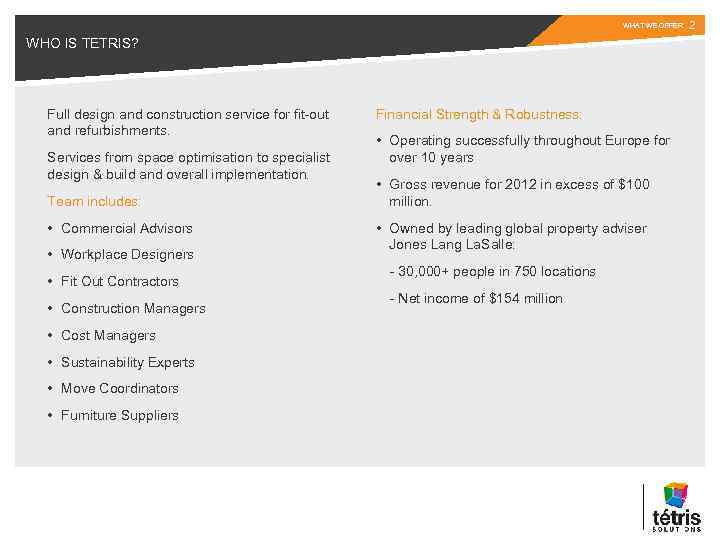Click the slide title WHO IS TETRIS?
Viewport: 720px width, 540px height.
click(x=82, y=43)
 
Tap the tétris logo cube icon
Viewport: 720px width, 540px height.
click(x=677, y=494)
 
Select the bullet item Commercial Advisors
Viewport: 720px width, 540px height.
click(x=126, y=228)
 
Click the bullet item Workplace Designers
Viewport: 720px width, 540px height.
click(x=127, y=255)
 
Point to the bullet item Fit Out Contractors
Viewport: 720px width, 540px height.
click(x=119, y=282)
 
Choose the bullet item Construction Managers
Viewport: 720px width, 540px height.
click(x=133, y=309)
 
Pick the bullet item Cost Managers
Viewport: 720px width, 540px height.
click(x=108, y=336)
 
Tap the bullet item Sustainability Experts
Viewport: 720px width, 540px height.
click(x=127, y=362)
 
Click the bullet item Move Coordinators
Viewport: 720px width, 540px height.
click(x=119, y=389)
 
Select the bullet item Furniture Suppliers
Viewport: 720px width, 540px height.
click(x=119, y=416)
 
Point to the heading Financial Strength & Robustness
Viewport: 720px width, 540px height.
click(x=478, y=115)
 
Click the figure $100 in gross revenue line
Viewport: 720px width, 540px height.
click(x=632, y=185)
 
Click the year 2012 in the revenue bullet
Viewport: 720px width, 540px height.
click(x=500, y=185)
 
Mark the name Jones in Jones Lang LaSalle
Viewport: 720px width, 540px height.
click(x=406, y=245)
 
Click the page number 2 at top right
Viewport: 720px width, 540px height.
click(x=692, y=24)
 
